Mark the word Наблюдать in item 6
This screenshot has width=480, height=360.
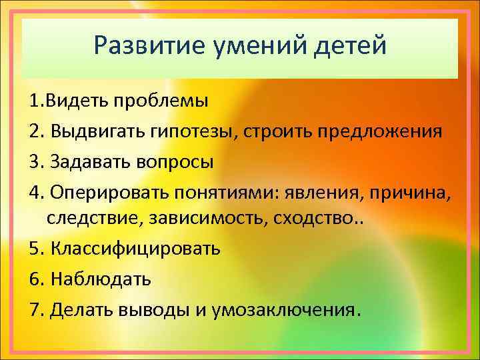click(99, 279)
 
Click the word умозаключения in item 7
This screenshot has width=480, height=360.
click(293, 310)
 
